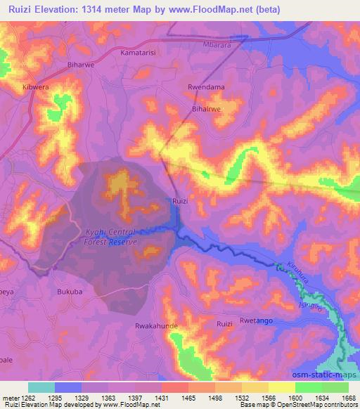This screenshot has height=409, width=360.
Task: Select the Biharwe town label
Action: [79, 60]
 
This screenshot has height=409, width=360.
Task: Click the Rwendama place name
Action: [205, 87]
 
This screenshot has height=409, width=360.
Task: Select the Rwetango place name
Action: [255, 320]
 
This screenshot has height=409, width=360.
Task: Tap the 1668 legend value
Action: [340, 398]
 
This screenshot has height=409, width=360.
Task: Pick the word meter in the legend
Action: [11, 398]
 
